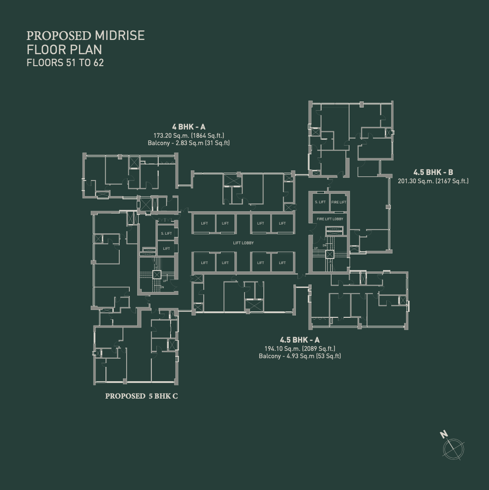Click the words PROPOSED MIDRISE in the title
[85, 36]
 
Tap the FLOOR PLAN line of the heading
[64, 49]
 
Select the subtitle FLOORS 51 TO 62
[65, 63]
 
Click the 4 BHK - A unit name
[189, 127]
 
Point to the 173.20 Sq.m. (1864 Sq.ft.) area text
[189, 135]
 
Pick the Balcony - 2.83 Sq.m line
[189, 143]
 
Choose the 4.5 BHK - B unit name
[433, 172]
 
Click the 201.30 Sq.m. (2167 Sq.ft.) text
[433, 181]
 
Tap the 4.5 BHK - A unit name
[300, 340]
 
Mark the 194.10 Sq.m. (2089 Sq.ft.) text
[300, 349]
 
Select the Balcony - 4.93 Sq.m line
[300, 356]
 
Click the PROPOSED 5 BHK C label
[141, 396]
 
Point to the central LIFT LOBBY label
[243, 243]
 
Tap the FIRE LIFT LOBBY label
[330, 219]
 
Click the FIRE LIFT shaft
[339, 203]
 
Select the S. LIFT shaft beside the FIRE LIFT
[320, 203]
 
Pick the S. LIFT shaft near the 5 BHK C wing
[166, 234]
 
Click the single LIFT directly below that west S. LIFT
[166, 248]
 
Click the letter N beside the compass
[444, 434]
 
